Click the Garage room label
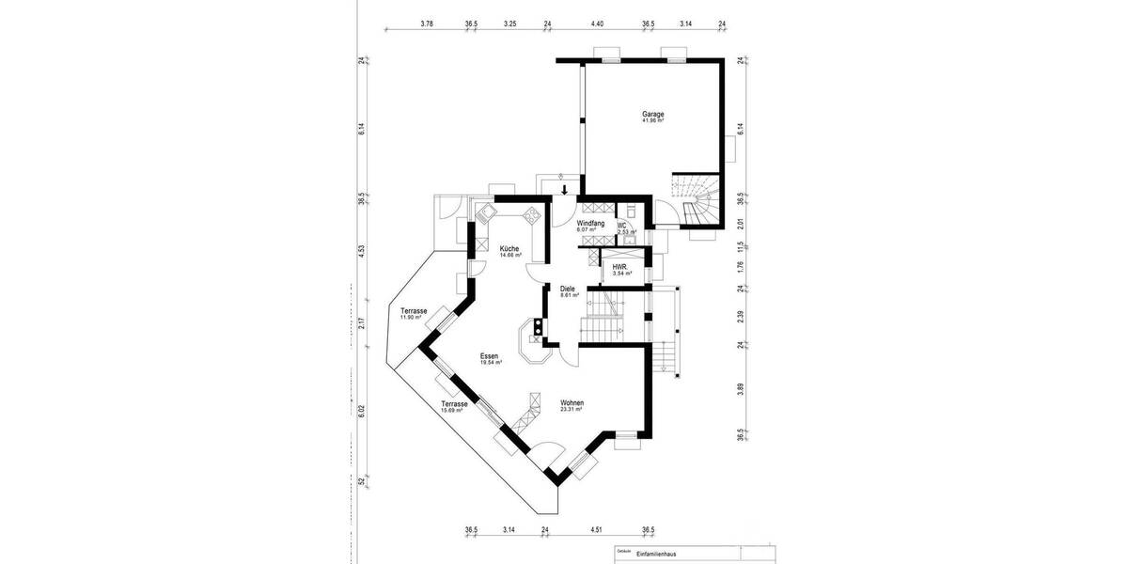click(x=653, y=114)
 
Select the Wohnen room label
click(x=572, y=402)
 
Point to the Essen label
click(x=489, y=356)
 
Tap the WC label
click(x=622, y=226)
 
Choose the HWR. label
click(x=619, y=266)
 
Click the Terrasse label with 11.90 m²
click(x=414, y=311)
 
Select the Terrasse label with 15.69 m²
click(x=454, y=403)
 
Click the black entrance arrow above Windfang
click(x=564, y=191)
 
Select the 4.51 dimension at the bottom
click(x=596, y=530)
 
